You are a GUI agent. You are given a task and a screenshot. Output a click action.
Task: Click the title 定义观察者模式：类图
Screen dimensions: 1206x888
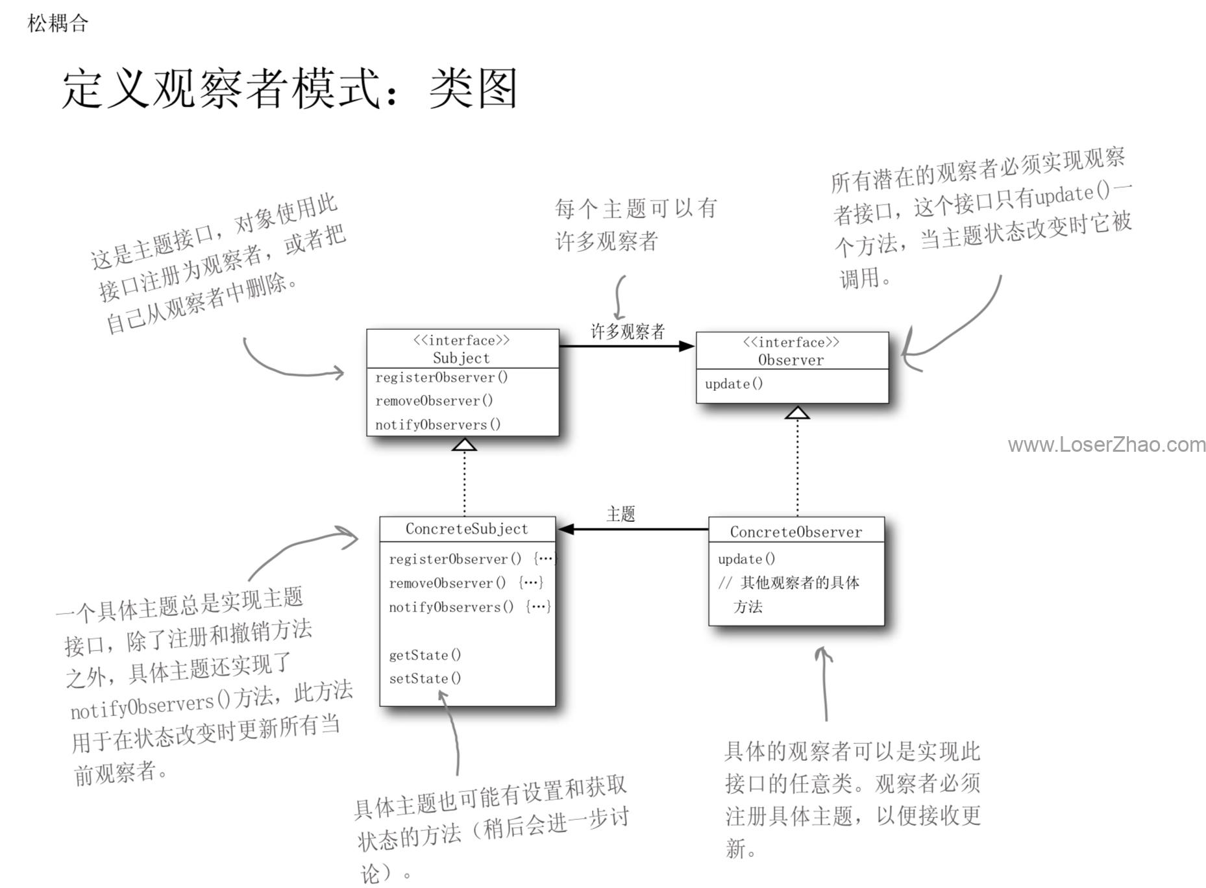289,88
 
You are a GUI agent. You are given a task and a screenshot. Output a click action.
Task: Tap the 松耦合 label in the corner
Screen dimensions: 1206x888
58,23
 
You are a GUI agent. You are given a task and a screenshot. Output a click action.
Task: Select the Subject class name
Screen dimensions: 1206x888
461,358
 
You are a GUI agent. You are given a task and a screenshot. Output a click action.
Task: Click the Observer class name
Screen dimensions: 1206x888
791,360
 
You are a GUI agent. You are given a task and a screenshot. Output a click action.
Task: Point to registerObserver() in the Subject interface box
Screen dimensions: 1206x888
441,377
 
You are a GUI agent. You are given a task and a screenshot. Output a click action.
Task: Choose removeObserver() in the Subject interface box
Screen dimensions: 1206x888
434,401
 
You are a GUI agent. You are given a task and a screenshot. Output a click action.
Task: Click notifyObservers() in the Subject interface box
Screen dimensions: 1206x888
438,425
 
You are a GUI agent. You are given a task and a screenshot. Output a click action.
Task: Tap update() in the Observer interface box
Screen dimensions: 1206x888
733,384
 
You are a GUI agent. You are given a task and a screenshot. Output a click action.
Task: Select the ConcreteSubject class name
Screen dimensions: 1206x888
467,529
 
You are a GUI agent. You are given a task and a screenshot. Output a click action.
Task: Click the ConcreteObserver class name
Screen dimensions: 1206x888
796,532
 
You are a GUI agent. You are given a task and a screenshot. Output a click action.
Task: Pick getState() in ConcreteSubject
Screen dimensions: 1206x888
425,655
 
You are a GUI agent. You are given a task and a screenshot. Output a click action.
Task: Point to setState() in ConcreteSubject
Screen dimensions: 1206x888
425,678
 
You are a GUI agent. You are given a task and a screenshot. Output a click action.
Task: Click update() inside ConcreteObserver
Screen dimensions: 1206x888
746,559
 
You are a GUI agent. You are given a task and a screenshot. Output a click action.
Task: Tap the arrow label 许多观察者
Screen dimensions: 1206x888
628,332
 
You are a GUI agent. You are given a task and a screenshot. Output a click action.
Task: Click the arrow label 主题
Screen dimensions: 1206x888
621,514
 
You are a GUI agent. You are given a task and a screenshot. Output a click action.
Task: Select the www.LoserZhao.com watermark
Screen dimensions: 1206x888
1107,445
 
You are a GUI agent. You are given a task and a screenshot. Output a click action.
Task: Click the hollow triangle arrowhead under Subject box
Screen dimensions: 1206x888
465,444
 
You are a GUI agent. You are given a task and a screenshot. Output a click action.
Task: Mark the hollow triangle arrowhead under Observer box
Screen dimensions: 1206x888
797,412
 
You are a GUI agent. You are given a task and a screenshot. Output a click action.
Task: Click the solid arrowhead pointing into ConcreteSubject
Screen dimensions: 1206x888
566,529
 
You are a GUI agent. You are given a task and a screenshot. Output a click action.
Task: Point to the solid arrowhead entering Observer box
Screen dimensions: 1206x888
687,346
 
